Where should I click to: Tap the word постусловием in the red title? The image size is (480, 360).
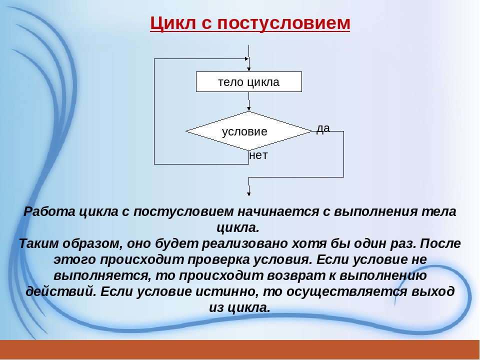pyautogui.click(x=283, y=23)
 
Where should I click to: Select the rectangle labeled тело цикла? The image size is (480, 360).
pyautogui.click(x=249, y=81)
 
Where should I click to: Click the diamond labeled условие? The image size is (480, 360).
pyautogui.click(x=249, y=131)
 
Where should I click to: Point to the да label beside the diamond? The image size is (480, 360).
pyautogui.click(x=323, y=128)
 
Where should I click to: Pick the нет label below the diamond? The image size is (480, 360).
pyautogui.click(x=258, y=155)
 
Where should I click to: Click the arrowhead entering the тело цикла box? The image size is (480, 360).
pyautogui.click(x=249, y=69)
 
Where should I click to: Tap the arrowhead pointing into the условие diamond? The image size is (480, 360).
pyautogui.click(x=249, y=108)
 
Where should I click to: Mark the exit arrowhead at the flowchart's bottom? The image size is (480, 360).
pyautogui.click(x=249, y=193)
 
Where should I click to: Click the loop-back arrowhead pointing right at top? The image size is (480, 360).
pyautogui.click(x=246, y=59)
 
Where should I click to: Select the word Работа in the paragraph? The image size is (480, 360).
pyautogui.click(x=49, y=211)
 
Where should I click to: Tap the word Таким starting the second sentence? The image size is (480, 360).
pyautogui.click(x=39, y=243)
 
